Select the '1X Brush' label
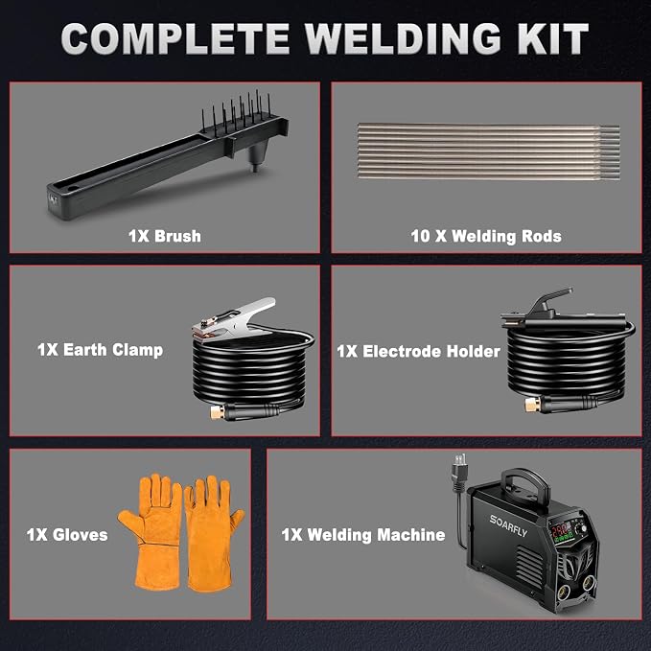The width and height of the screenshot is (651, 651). point(165,236)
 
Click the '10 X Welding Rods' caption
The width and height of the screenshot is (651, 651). point(486,236)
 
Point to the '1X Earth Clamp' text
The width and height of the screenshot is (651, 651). point(100,350)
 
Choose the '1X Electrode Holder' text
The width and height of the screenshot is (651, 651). point(418,351)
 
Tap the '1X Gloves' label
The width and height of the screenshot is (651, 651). point(67,534)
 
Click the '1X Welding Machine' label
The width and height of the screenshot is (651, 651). point(363,534)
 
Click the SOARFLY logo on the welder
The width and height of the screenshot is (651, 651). point(508,525)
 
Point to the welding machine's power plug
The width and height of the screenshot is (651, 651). point(459,474)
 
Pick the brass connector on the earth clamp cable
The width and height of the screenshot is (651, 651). point(217,412)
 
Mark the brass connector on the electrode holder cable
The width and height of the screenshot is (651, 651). point(531,405)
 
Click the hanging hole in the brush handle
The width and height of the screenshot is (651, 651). point(73,189)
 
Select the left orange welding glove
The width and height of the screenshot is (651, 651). point(151,531)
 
